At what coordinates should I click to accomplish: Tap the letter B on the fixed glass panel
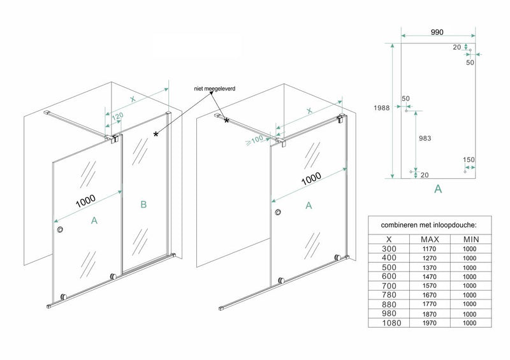coord(143,205)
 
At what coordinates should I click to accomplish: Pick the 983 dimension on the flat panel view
coord(425,138)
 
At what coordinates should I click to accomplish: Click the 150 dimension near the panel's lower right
coord(470,160)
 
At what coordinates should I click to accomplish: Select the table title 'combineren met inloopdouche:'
coord(428,225)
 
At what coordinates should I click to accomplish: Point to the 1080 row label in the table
coord(390,324)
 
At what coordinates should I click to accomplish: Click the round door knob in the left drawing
coord(59,230)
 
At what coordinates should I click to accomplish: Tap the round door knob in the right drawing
coord(278,213)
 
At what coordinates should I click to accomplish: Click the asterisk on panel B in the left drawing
coord(156,134)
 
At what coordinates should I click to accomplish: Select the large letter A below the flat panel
coord(437,189)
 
